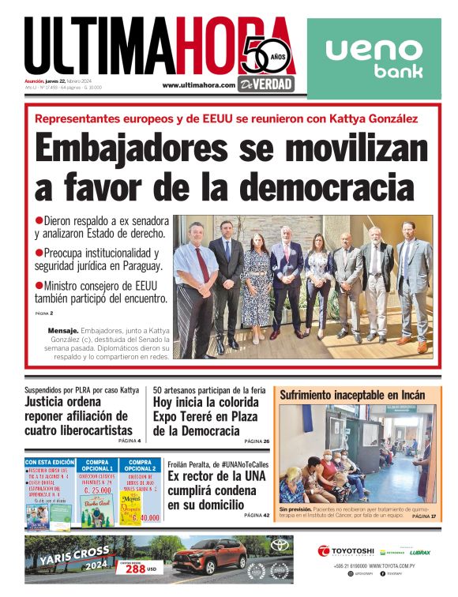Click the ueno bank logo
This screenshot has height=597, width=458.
(x=374, y=59)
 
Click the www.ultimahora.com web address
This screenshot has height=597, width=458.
(x=198, y=85)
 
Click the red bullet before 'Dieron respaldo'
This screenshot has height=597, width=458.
(x=39, y=220)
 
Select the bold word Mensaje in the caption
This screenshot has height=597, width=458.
(x=63, y=329)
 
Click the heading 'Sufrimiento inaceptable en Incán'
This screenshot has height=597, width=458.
(x=352, y=395)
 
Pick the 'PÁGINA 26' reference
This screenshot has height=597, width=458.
(x=256, y=441)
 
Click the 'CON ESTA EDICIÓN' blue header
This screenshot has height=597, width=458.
(x=50, y=463)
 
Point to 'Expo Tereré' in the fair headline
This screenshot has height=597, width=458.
(x=182, y=416)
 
